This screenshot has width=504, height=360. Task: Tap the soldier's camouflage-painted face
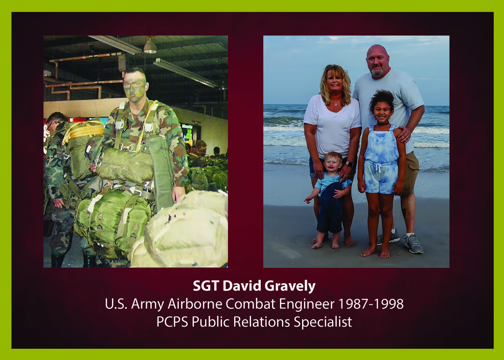[135, 86]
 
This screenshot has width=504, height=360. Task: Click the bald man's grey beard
[378, 72]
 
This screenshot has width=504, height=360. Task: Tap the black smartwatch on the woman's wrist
[349, 164]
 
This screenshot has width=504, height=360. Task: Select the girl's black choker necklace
[382, 123]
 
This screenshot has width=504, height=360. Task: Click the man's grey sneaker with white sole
[413, 244]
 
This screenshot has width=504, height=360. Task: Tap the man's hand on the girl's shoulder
[404, 134]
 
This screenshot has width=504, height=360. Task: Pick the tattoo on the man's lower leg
[404, 212]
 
